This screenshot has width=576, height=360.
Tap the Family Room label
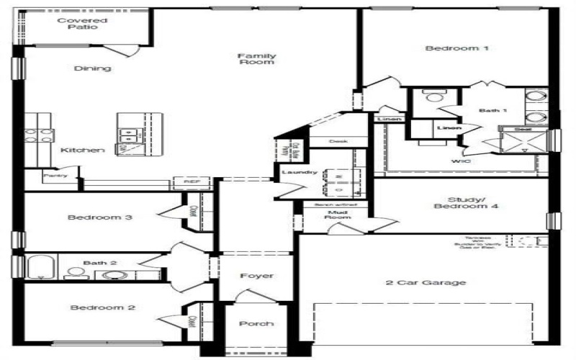[x=256, y=58]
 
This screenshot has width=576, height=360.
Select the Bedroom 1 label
[x=457, y=49]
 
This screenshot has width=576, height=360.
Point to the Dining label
[x=93, y=68]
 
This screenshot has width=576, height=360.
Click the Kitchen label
[x=83, y=150]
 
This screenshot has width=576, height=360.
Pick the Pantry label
[x=55, y=175]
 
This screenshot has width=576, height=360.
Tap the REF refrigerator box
[x=191, y=183]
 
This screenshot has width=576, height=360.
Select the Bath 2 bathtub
[x=40, y=267]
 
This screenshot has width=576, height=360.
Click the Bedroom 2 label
[x=103, y=307]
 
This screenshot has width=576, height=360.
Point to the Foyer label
[x=256, y=275]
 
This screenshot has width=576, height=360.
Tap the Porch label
[x=256, y=324]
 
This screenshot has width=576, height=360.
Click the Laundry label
[x=300, y=173]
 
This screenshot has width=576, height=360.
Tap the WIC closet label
[x=461, y=161]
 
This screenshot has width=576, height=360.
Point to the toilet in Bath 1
[x=434, y=97]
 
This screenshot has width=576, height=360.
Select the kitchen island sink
[x=127, y=132]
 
